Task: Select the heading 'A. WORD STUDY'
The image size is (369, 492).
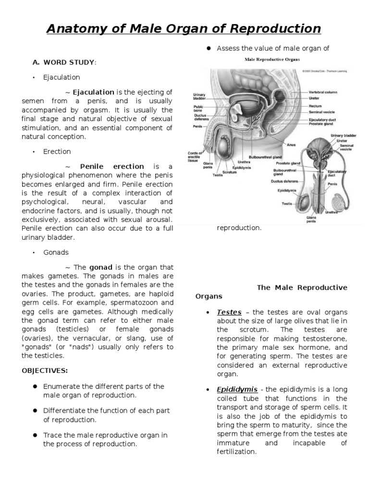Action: (x=64, y=62)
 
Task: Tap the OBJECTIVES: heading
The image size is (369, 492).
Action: (x=45, y=370)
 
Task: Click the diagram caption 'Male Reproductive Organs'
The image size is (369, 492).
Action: (x=272, y=60)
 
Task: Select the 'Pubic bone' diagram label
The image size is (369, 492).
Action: (x=198, y=109)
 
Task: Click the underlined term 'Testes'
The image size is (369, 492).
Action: (x=229, y=312)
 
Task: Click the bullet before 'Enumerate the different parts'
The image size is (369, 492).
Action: (x=35, y=387)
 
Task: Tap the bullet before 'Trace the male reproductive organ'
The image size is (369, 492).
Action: (x=35, y=435)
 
